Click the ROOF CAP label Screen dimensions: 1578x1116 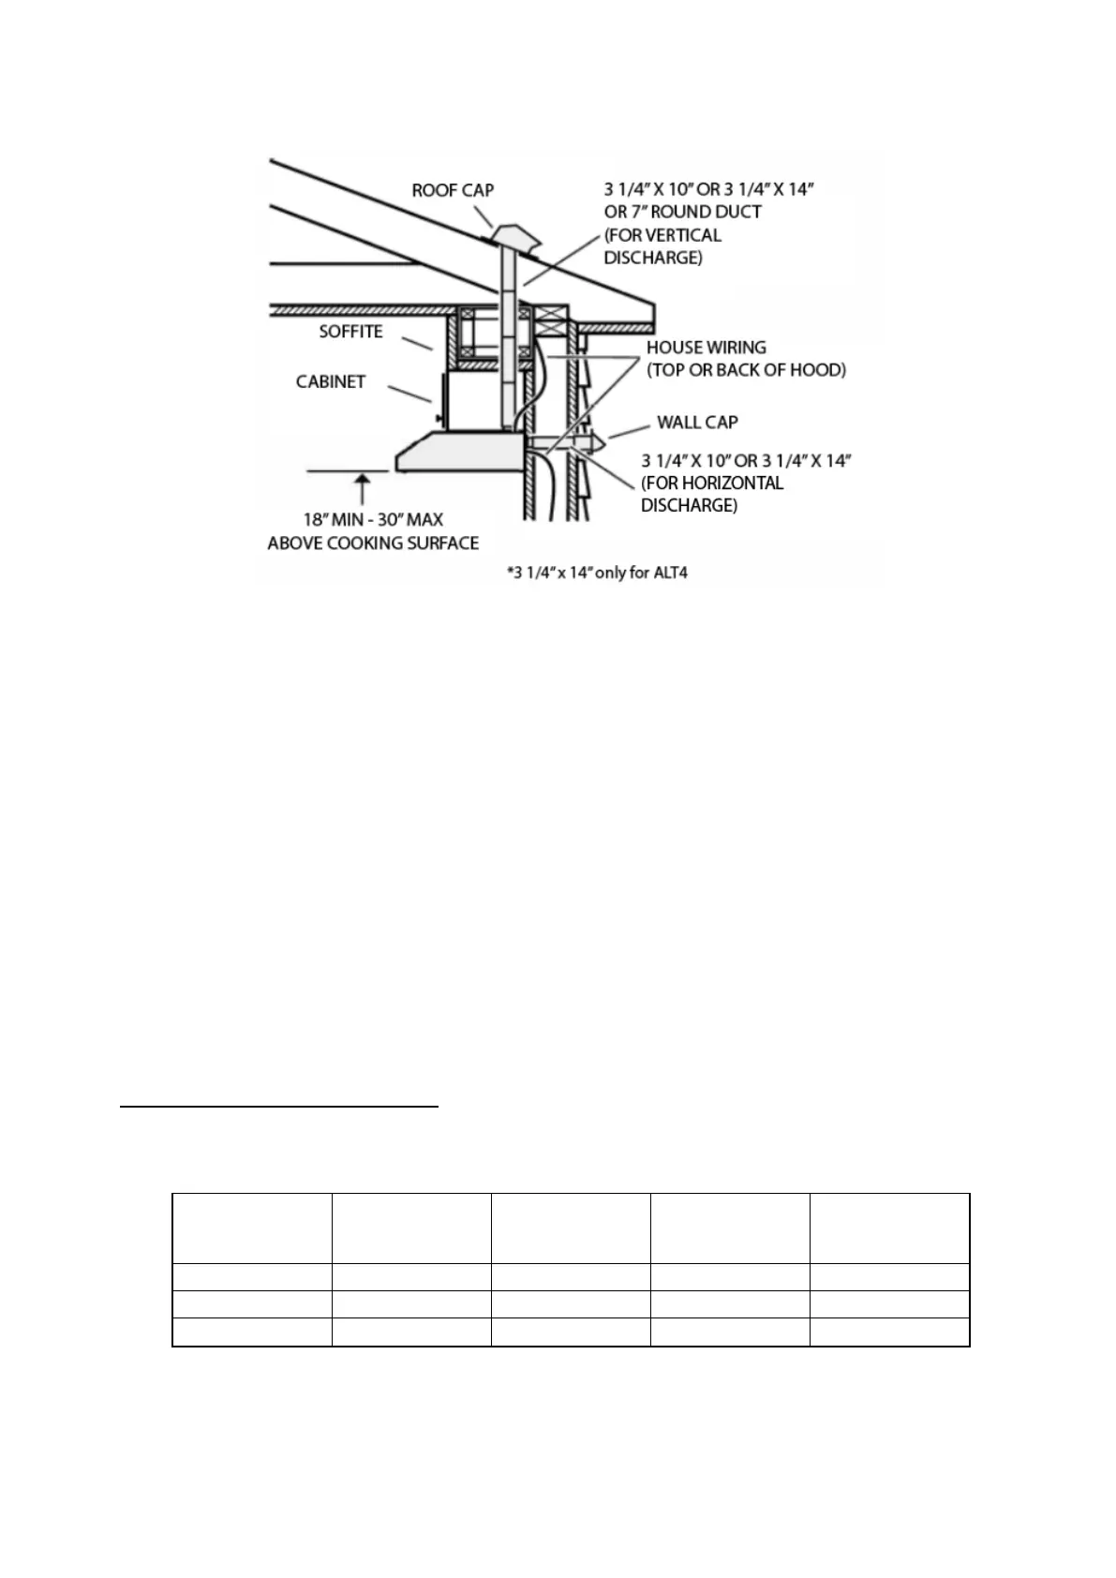[x=453, y=190]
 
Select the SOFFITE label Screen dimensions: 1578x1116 [x=350, y=332]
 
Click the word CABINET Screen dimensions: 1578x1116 [x=330, y=381]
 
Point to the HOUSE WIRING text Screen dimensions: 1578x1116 [x=706, y=348]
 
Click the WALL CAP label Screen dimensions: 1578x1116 [x=697, y=422]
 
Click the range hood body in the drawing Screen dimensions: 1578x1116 [x=459, y=452]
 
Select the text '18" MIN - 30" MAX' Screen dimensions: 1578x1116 [x=373, y=519]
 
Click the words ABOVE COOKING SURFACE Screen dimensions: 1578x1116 [x=373, y=543]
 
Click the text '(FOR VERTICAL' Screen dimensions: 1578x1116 [x=662, y=235]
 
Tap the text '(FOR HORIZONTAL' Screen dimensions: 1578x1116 [x=712, y=484]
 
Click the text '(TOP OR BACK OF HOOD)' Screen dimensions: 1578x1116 [x=746, y=370]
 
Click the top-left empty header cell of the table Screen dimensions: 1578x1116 [x=252, y=1228]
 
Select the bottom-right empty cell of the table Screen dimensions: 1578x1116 [x=888, y=1332]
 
